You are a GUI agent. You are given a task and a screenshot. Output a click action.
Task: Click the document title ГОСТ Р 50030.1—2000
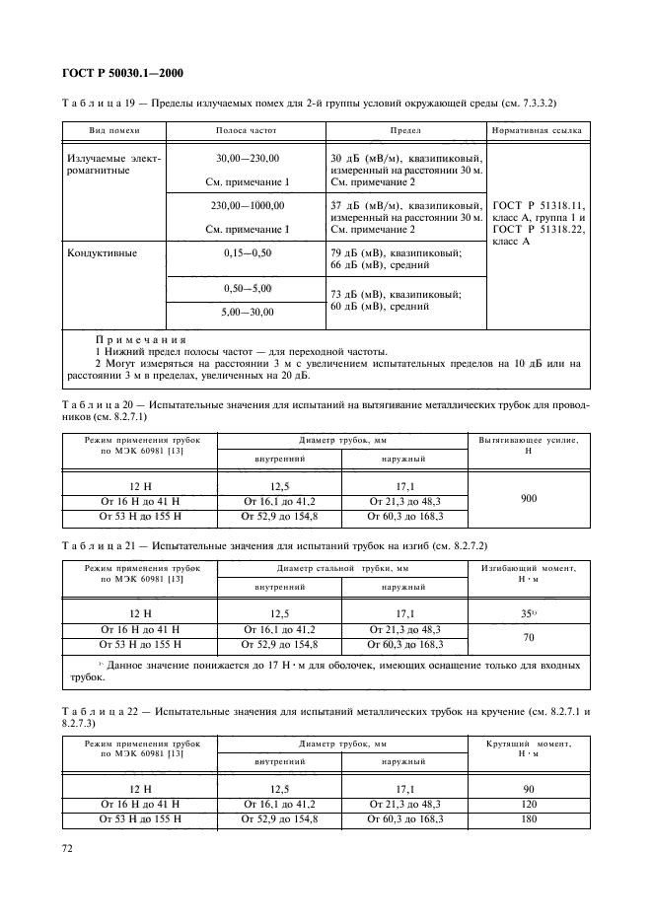116,73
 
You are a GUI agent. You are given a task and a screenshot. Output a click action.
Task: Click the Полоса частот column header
247,129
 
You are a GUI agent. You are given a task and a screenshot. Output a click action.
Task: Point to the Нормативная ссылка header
536,129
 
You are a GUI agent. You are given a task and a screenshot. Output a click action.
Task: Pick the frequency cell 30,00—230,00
247,158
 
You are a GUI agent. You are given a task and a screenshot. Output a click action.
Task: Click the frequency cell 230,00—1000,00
247,205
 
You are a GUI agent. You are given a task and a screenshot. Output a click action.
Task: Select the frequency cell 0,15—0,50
247,252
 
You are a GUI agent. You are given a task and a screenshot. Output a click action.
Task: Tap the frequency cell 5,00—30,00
247,312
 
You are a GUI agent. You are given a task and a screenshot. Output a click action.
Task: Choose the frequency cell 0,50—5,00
247,288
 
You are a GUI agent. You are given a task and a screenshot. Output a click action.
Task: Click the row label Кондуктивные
102,252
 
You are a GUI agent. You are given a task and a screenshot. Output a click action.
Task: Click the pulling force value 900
529,499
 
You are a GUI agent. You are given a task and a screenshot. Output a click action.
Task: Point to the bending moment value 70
529,637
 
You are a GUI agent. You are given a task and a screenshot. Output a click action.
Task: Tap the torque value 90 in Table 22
529,789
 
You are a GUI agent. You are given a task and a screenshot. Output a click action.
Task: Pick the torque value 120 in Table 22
529,805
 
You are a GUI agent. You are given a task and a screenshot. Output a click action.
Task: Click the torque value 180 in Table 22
529,819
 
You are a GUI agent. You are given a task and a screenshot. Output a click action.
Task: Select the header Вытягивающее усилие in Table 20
529,444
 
